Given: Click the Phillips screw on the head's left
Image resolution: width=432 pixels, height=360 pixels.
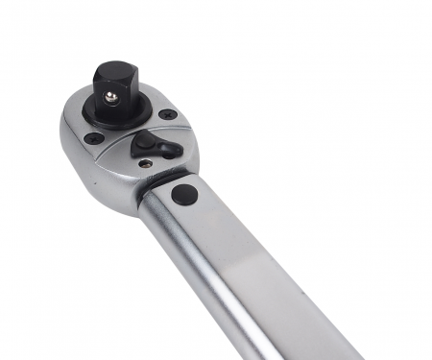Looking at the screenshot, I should click(93, 140).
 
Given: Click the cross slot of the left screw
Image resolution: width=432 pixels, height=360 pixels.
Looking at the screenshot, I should click(93, 140).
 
